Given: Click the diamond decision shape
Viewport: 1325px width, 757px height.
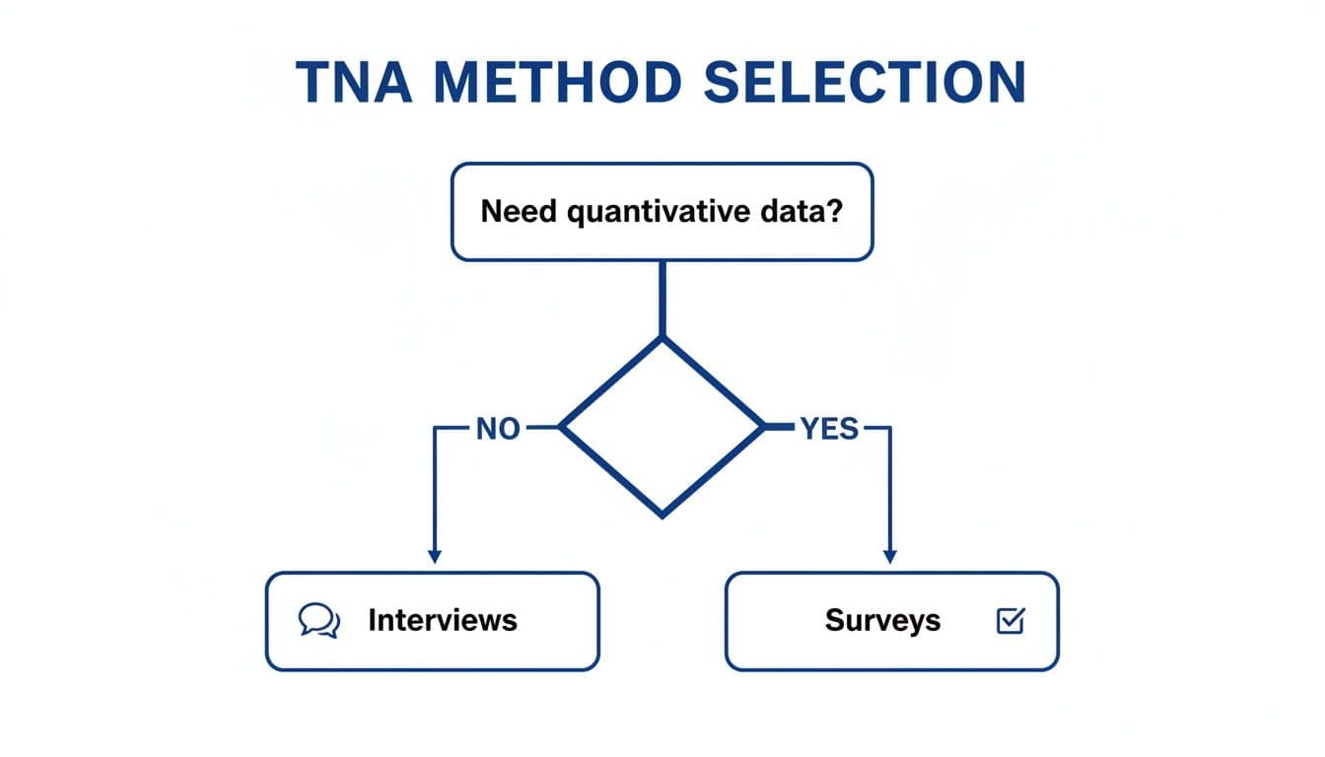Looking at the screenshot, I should pyautogui.click(x=662, y=426).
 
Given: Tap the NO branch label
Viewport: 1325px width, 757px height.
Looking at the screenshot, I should pyautogui.click(x=498, y=429).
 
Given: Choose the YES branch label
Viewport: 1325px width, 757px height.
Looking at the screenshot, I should pyautogui.click(x=829, y=429).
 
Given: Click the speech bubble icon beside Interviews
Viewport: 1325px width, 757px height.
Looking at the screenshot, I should pyautogui.click(x=318, y=621).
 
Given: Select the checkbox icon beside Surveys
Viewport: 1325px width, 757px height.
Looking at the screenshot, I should pyautogui.click(x=1011, y=621).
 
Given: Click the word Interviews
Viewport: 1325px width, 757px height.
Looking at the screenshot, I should pyautogui.click(x=443, y=620).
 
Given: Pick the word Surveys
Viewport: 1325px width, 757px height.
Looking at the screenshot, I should pyautogui.click(x=882, y=621).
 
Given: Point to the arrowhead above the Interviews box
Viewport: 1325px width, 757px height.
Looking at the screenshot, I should pyautogui.click(x=434, y=556).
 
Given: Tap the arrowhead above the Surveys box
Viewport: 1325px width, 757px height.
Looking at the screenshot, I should pyautogui.click(x=890, y=556).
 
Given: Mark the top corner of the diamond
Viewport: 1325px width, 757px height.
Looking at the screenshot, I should pyautogui.click(x=662, y=338).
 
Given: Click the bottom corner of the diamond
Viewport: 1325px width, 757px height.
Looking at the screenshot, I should pyautogui.click(x=662, y=515).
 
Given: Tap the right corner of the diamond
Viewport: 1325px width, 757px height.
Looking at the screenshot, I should pyautogui.click(x=764, y=427).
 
